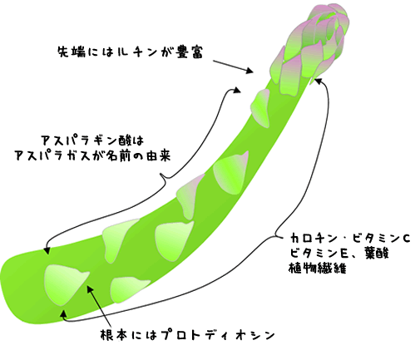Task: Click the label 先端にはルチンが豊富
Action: (130, 52)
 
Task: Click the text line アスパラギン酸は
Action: (92, 141)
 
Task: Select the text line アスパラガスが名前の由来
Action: (92, 155)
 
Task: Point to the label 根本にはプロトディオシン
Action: (187, 335)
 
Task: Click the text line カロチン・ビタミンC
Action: (350, 239)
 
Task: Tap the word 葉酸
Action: (377, 254)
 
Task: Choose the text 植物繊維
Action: (318, 269)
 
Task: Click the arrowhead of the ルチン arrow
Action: (249, 71)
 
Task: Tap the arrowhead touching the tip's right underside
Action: (319, 81)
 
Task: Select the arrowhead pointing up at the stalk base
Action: (64, 313)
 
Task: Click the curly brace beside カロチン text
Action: (278, 234)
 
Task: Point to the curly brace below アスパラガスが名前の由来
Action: (165, 176)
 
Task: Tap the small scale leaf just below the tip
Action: (260, 108)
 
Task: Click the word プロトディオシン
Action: (218, 335)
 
